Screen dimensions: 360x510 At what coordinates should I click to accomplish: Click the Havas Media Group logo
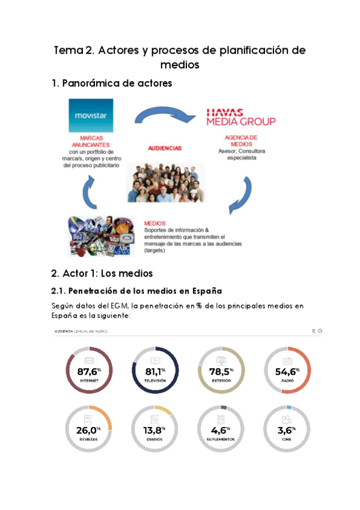(x=240, y=117)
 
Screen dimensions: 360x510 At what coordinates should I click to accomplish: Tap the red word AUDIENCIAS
(x=165, y=148)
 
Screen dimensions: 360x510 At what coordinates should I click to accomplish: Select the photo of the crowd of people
(x=166, y=180)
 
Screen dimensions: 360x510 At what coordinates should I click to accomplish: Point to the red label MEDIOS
(x=154, y=223)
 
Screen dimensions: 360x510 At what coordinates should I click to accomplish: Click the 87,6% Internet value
(x=89, y=372)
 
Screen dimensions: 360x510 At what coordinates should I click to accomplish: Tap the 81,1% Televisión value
(x=155, y=372)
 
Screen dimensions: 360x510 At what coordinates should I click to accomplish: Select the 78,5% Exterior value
(x=221, y=372)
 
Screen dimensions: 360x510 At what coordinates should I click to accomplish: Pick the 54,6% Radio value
(x=287, y=372)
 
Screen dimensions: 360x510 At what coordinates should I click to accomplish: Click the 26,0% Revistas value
(x=89, y=430)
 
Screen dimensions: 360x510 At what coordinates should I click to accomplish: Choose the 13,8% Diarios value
(x=155, y=430)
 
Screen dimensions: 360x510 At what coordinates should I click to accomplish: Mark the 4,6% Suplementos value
(x=221, y=430)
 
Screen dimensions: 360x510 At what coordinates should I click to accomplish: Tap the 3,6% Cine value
(x=287, y=430)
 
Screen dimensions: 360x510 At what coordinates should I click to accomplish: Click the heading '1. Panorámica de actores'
(x=112, y=84)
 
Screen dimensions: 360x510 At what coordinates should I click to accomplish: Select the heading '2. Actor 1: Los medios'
(x=102, y=274)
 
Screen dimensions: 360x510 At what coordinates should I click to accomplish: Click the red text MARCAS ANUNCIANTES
(x=91, y=141)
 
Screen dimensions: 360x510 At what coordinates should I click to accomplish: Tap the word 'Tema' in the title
(x=67, y=51)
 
